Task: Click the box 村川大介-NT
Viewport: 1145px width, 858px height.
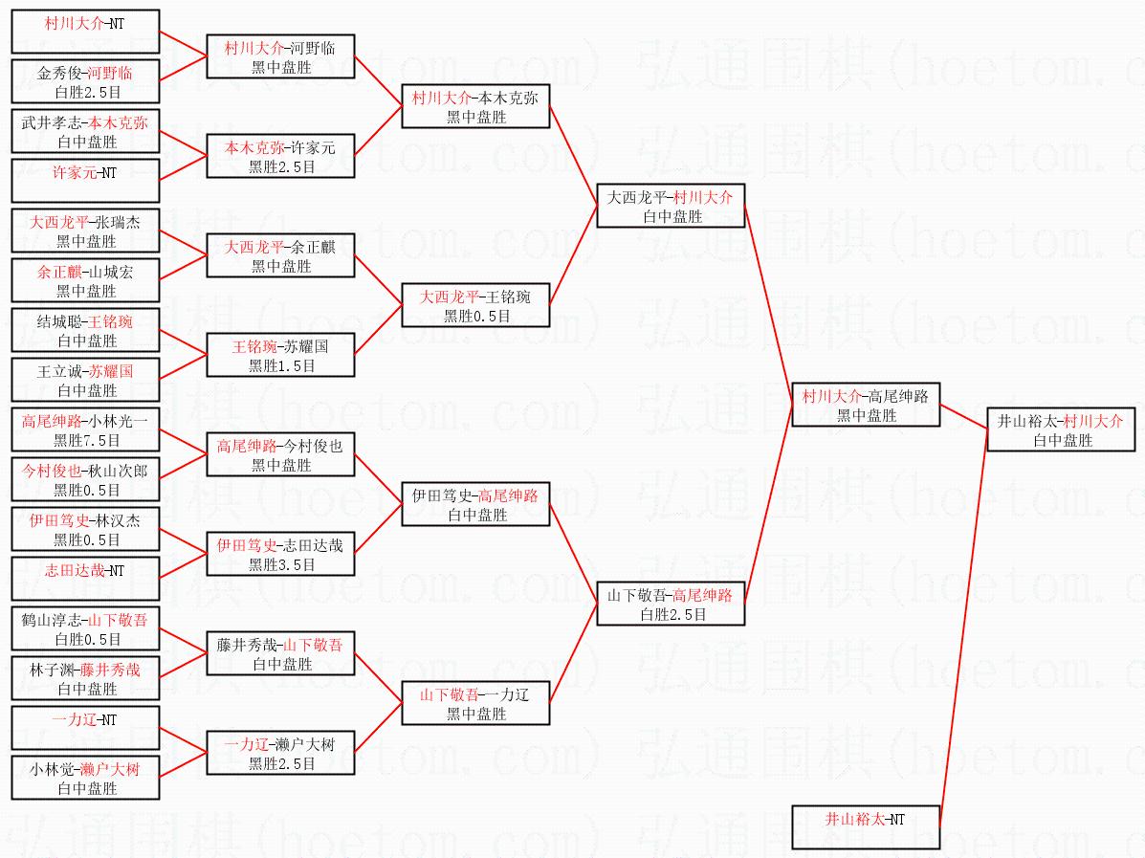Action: coord(85,32)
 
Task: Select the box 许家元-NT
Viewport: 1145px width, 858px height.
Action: coord(85,181)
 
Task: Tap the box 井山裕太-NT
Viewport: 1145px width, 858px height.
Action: coord(866,827)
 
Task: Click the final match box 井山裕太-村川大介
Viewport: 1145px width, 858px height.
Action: coord(1061,429)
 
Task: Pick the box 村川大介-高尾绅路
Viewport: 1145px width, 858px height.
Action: coord(866,405)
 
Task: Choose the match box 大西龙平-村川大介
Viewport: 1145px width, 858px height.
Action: coord(671,206)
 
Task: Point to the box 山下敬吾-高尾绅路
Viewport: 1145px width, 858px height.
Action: coord(671,604)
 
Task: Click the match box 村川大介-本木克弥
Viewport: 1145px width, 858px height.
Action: coord(475,106)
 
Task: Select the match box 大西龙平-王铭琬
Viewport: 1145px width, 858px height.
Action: coord(475,305)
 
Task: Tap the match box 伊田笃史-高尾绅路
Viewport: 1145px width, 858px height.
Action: coord(475,504)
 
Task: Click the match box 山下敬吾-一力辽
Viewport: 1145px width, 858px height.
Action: coord(475,703)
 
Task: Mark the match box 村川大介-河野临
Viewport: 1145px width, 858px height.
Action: coord(280,56)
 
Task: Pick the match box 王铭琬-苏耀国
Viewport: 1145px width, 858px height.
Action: coord(280,355)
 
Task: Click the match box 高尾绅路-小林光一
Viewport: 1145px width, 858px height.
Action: coord(85,429)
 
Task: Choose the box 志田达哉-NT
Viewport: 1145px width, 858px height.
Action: coord(85,579)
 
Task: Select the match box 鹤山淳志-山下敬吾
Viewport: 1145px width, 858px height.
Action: coord(85,628)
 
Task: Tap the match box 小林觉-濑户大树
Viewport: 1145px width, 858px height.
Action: coord(85,778)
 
